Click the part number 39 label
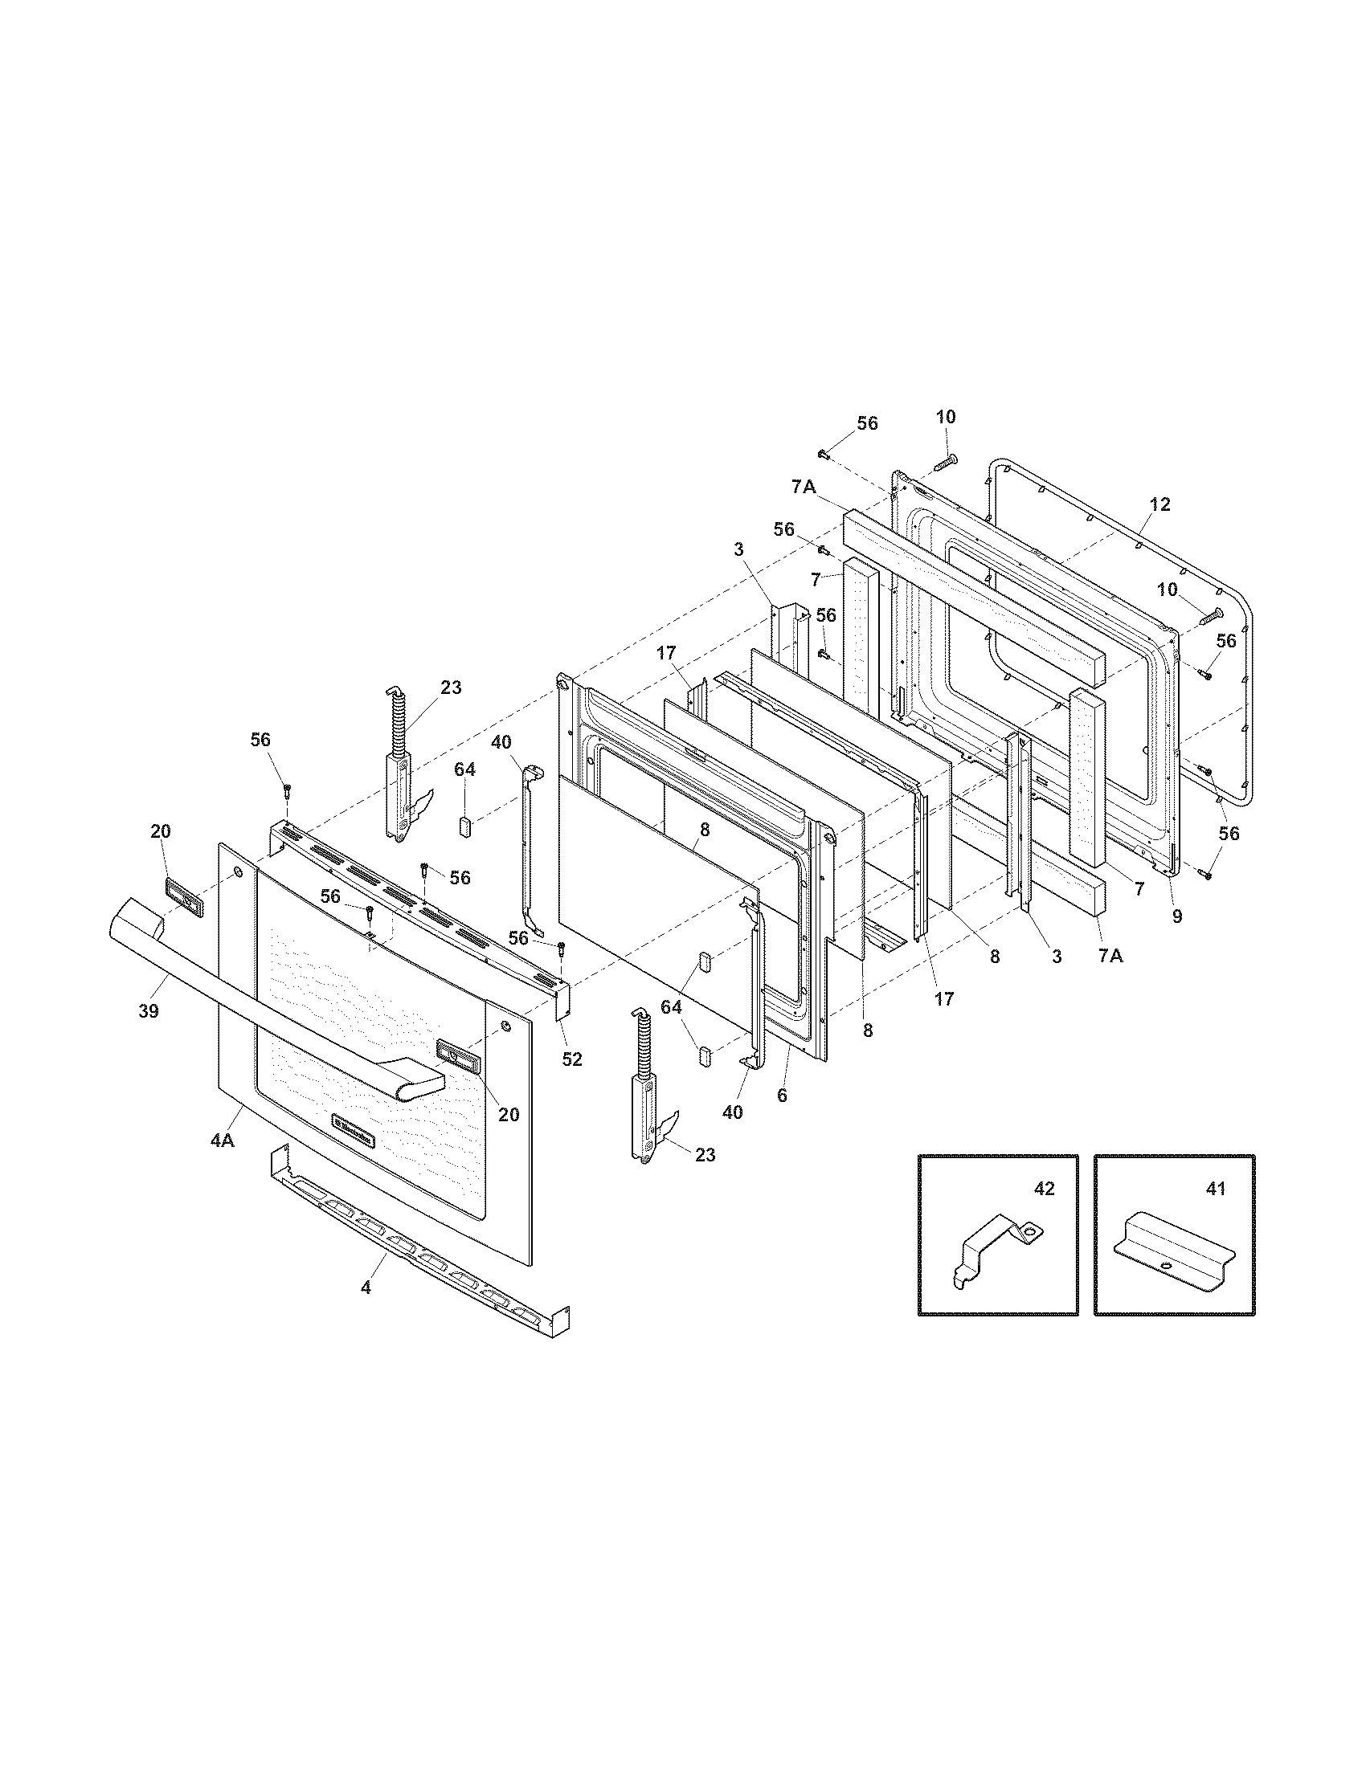149,1010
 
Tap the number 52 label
572,1059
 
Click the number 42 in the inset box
1045,1189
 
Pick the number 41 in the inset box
1216,1189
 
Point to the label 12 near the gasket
1159,505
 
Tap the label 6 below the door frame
781,1096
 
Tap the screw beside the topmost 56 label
824,455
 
